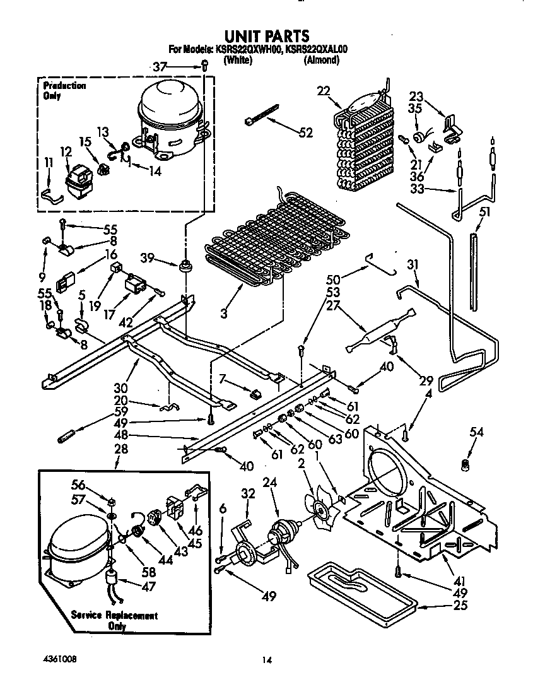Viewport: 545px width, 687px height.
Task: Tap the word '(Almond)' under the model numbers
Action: (322, 61)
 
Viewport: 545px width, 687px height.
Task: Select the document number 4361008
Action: (61, 659)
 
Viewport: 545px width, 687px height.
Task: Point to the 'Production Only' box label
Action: (64, 91)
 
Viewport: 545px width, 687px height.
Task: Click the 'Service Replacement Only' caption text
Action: (114, 621)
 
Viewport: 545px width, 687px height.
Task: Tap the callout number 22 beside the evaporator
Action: (323, 91)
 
